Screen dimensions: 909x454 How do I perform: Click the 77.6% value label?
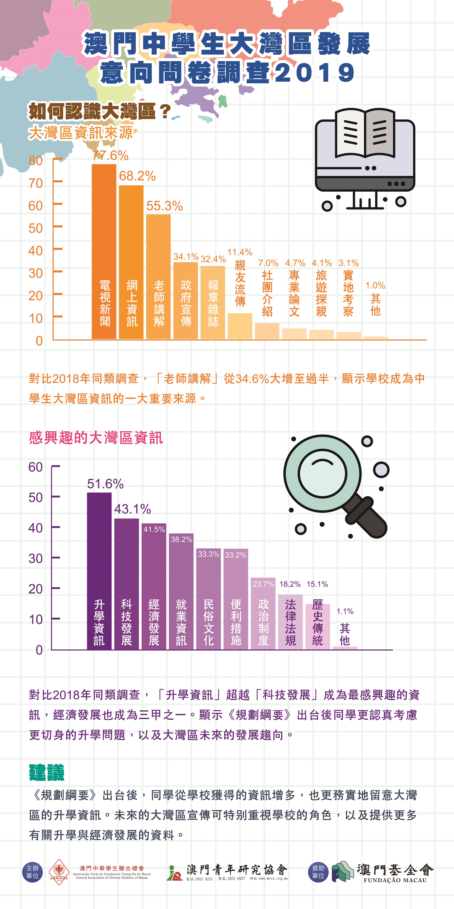point(110,155)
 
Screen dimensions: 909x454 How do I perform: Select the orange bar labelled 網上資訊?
point(131,261)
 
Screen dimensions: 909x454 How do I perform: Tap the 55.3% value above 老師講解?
point(164,206)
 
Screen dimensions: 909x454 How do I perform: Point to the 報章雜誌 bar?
point(213,302)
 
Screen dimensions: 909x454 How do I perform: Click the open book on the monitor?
point(365,133)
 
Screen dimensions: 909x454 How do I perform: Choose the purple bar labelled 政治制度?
point(263,614)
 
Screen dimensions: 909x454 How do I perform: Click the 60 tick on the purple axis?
point(36,467)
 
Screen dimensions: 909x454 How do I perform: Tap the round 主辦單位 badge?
point(33,872)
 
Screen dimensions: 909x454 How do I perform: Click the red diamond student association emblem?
point(59,872)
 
